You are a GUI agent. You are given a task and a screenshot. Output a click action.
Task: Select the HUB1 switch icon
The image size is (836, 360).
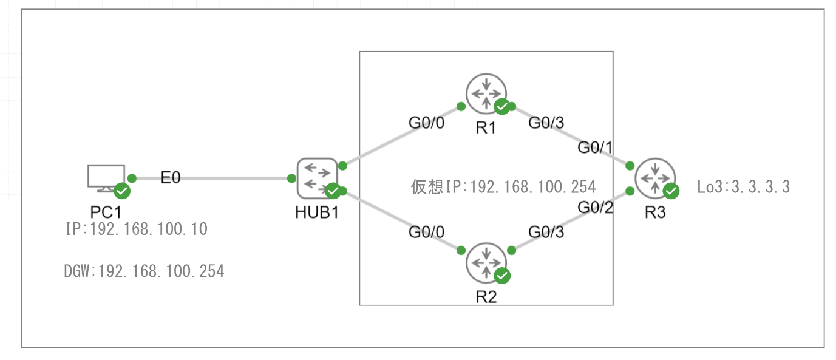pos(316,178)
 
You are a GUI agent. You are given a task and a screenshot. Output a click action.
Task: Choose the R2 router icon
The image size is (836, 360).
pos(486,262)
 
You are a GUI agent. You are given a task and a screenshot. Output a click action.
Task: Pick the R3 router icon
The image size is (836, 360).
pos(654,178)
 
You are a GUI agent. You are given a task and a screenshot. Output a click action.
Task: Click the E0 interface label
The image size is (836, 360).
pos(171,178)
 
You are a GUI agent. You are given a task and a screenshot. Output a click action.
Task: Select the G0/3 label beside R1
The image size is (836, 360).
pos(546,123)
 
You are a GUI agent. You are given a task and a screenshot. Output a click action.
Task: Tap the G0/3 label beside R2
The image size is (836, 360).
pos(546,231)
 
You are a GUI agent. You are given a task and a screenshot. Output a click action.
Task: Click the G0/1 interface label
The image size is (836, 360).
pos(595,148)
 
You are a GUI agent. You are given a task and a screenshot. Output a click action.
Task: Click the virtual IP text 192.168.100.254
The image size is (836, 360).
pos(503,186)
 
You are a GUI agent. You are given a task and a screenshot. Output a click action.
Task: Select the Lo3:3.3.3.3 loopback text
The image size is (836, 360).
pos(743,187)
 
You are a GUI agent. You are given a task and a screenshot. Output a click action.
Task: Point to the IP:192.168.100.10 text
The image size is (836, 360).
pos(136,229)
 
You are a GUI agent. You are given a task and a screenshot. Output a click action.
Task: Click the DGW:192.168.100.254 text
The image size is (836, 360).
pos(144,271)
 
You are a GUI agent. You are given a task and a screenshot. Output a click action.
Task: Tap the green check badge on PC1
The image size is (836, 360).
pos(122,192)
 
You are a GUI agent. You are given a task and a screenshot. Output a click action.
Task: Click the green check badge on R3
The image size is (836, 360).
pos(671,191)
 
